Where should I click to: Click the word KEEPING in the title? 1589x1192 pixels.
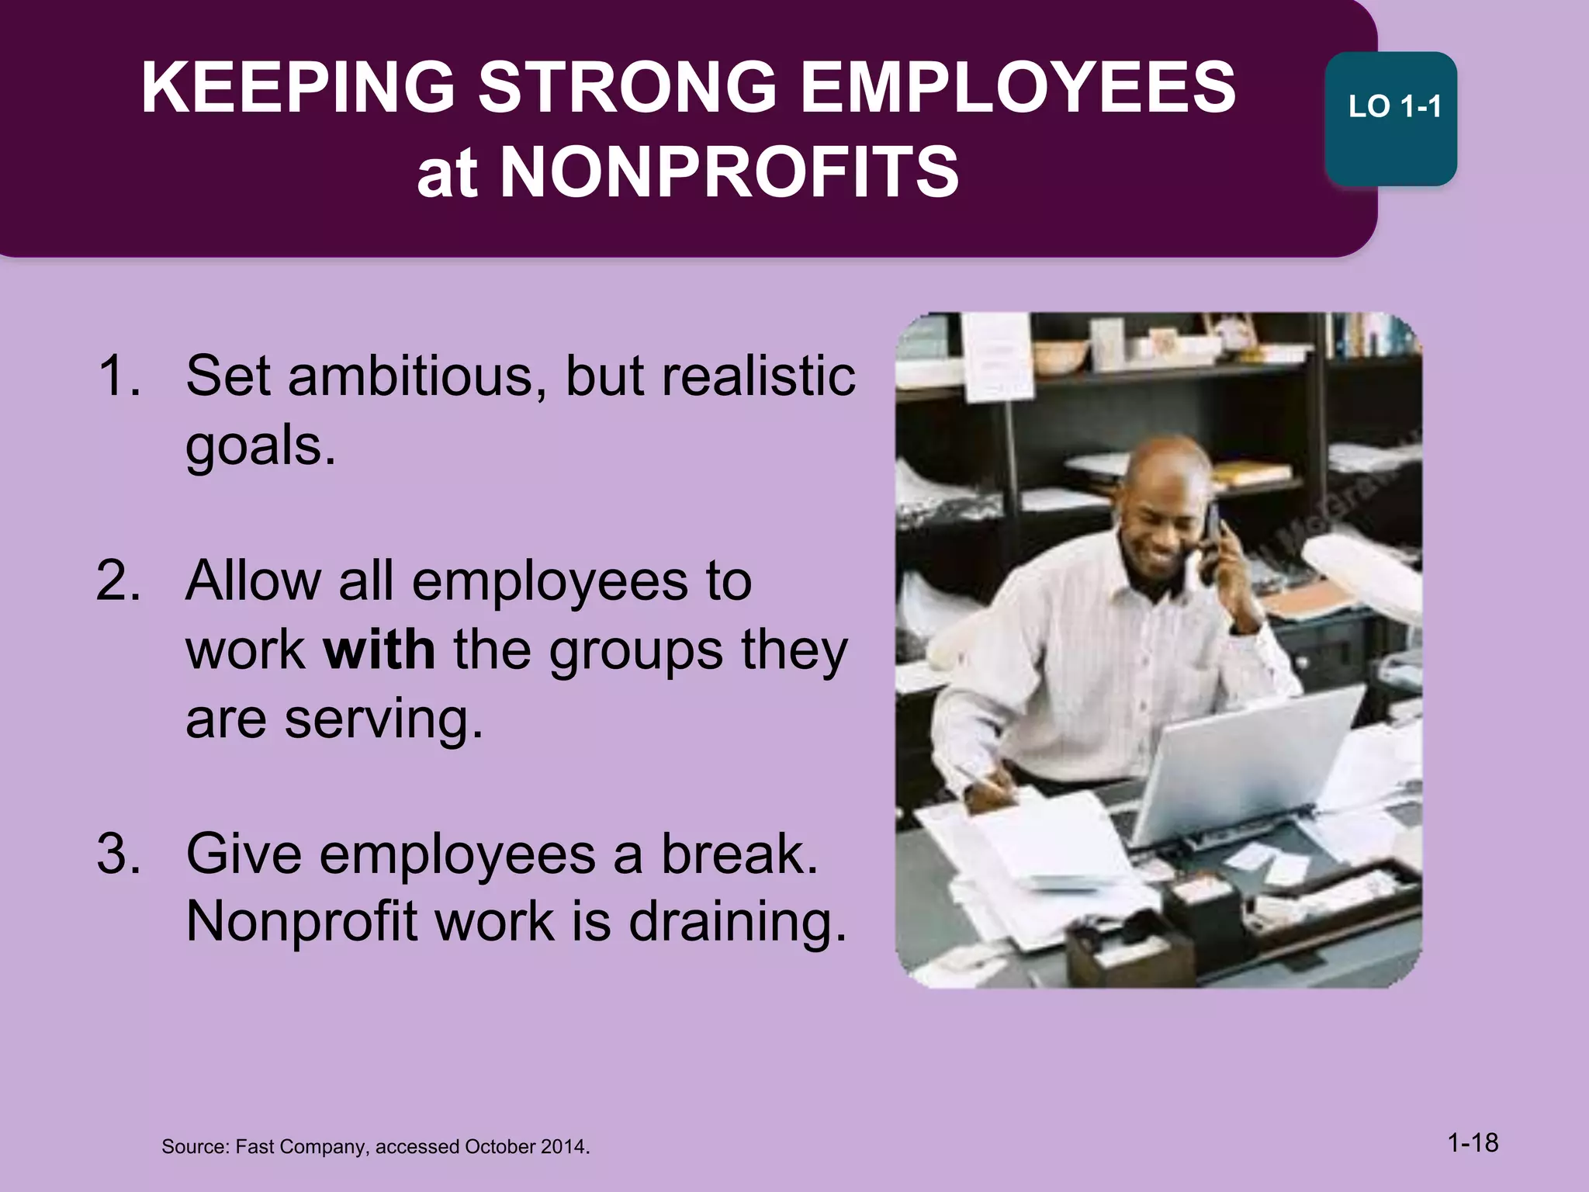[298, 88]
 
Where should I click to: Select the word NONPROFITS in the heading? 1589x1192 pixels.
[729, 172]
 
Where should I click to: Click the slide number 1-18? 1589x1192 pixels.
[1473, 1142]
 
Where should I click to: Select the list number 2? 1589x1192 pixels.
[118, 580]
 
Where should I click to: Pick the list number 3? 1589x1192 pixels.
[118, 854]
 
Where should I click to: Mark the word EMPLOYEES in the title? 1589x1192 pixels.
[1017, 88]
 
